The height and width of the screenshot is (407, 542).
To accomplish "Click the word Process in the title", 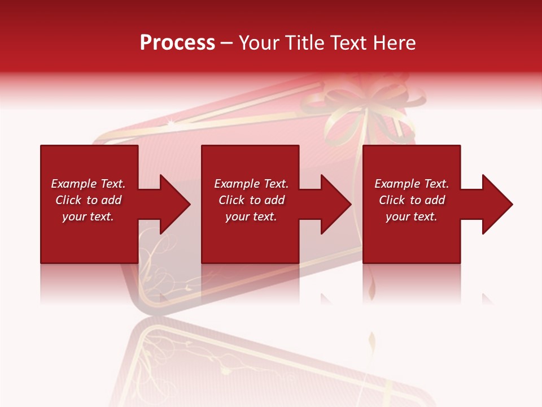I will pos(177,43).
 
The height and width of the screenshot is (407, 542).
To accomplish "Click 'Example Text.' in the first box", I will pos(88,184).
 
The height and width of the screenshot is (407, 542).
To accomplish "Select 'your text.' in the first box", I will pos(88,217).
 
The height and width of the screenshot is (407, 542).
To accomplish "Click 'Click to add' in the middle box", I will pos(251,200).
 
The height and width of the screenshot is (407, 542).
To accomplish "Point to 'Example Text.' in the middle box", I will pos(251,184).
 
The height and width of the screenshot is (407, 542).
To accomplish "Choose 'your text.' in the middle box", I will pos(251,217).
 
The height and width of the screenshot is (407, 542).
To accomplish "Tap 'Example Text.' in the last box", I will pos(412,184).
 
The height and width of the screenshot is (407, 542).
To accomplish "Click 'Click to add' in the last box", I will pos(412,200).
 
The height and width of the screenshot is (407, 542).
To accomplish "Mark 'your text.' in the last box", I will pos(412,217).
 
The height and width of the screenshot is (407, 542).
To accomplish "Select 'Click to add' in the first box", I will pos(88,200).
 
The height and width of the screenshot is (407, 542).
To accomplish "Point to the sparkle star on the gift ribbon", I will pos(171,122).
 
